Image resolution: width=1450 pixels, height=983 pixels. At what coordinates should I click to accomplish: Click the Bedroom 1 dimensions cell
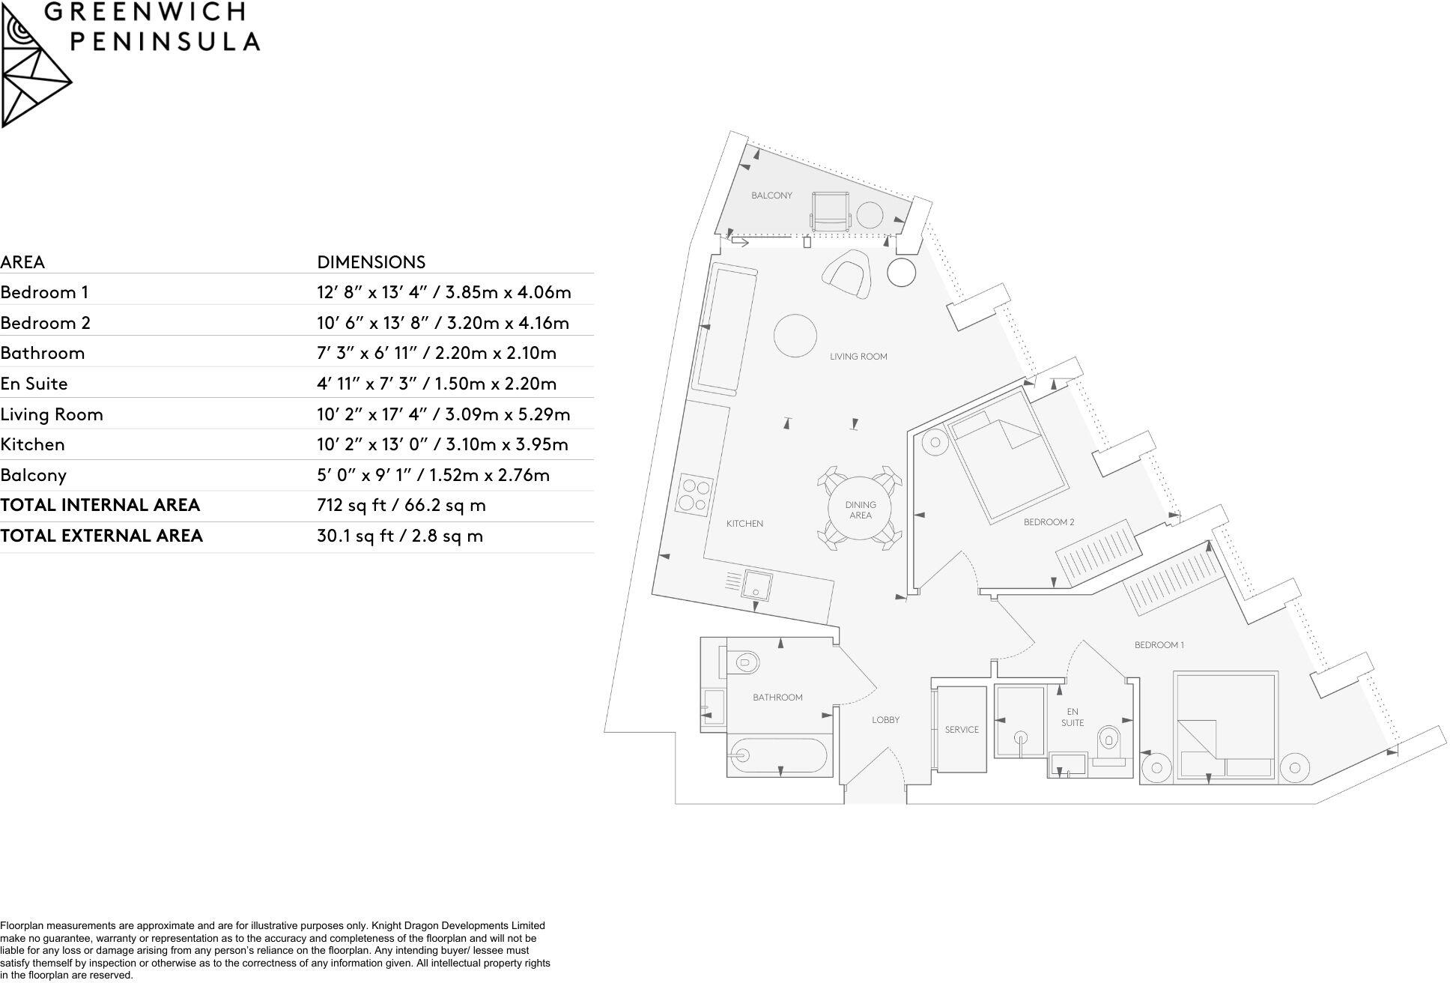tap(443, 292)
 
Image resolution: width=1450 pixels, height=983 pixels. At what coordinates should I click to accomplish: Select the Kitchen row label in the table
tap(33, 444)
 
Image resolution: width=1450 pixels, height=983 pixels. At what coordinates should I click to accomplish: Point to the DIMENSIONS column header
tap(371, 262)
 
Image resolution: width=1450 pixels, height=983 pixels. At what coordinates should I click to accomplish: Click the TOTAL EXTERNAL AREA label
tap(102, 536)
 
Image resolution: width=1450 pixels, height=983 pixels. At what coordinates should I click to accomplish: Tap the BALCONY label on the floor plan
tap(771, 196)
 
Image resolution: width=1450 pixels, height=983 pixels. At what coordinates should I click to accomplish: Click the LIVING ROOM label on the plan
tap(858, 357)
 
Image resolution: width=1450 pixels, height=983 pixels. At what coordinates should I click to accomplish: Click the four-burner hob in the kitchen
tap(692, 494)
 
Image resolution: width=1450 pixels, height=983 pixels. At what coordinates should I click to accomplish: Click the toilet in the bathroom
tap(741, 662)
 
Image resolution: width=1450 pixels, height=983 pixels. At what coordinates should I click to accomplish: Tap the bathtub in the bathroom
tap(779, 757)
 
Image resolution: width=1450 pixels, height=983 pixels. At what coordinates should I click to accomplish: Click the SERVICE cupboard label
tap(962, 729)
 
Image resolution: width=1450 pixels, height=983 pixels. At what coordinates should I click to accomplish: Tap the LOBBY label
tap(885, 720)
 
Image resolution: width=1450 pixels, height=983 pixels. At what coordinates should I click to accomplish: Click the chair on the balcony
tap(831, 212)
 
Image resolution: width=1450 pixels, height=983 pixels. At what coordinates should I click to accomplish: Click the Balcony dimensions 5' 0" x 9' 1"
tap(433, 475)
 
